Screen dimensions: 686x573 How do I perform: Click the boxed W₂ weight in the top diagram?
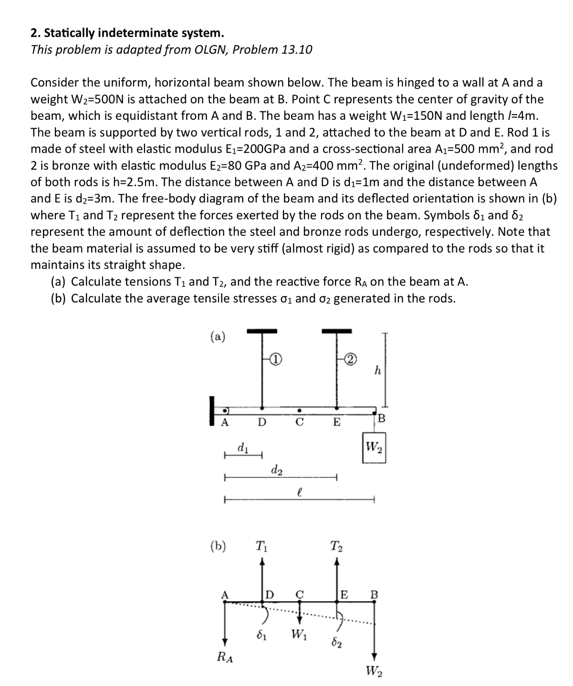click(x=374, y=448)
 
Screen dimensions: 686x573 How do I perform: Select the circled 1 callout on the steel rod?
click(x=276, y=358)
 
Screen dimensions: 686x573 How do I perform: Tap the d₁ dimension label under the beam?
click(x=242, y=448)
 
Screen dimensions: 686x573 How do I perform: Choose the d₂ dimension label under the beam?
click(x=276, y=470)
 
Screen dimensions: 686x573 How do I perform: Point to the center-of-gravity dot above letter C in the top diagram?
click(x=299, y=410)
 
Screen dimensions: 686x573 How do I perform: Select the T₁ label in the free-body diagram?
click(x=261, y=546)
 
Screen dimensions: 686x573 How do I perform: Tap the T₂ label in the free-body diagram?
click(x=336, y=546)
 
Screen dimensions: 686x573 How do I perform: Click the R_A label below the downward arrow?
click(x=225, y=657)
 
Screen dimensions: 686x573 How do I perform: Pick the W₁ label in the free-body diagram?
click(x=300, y=635)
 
